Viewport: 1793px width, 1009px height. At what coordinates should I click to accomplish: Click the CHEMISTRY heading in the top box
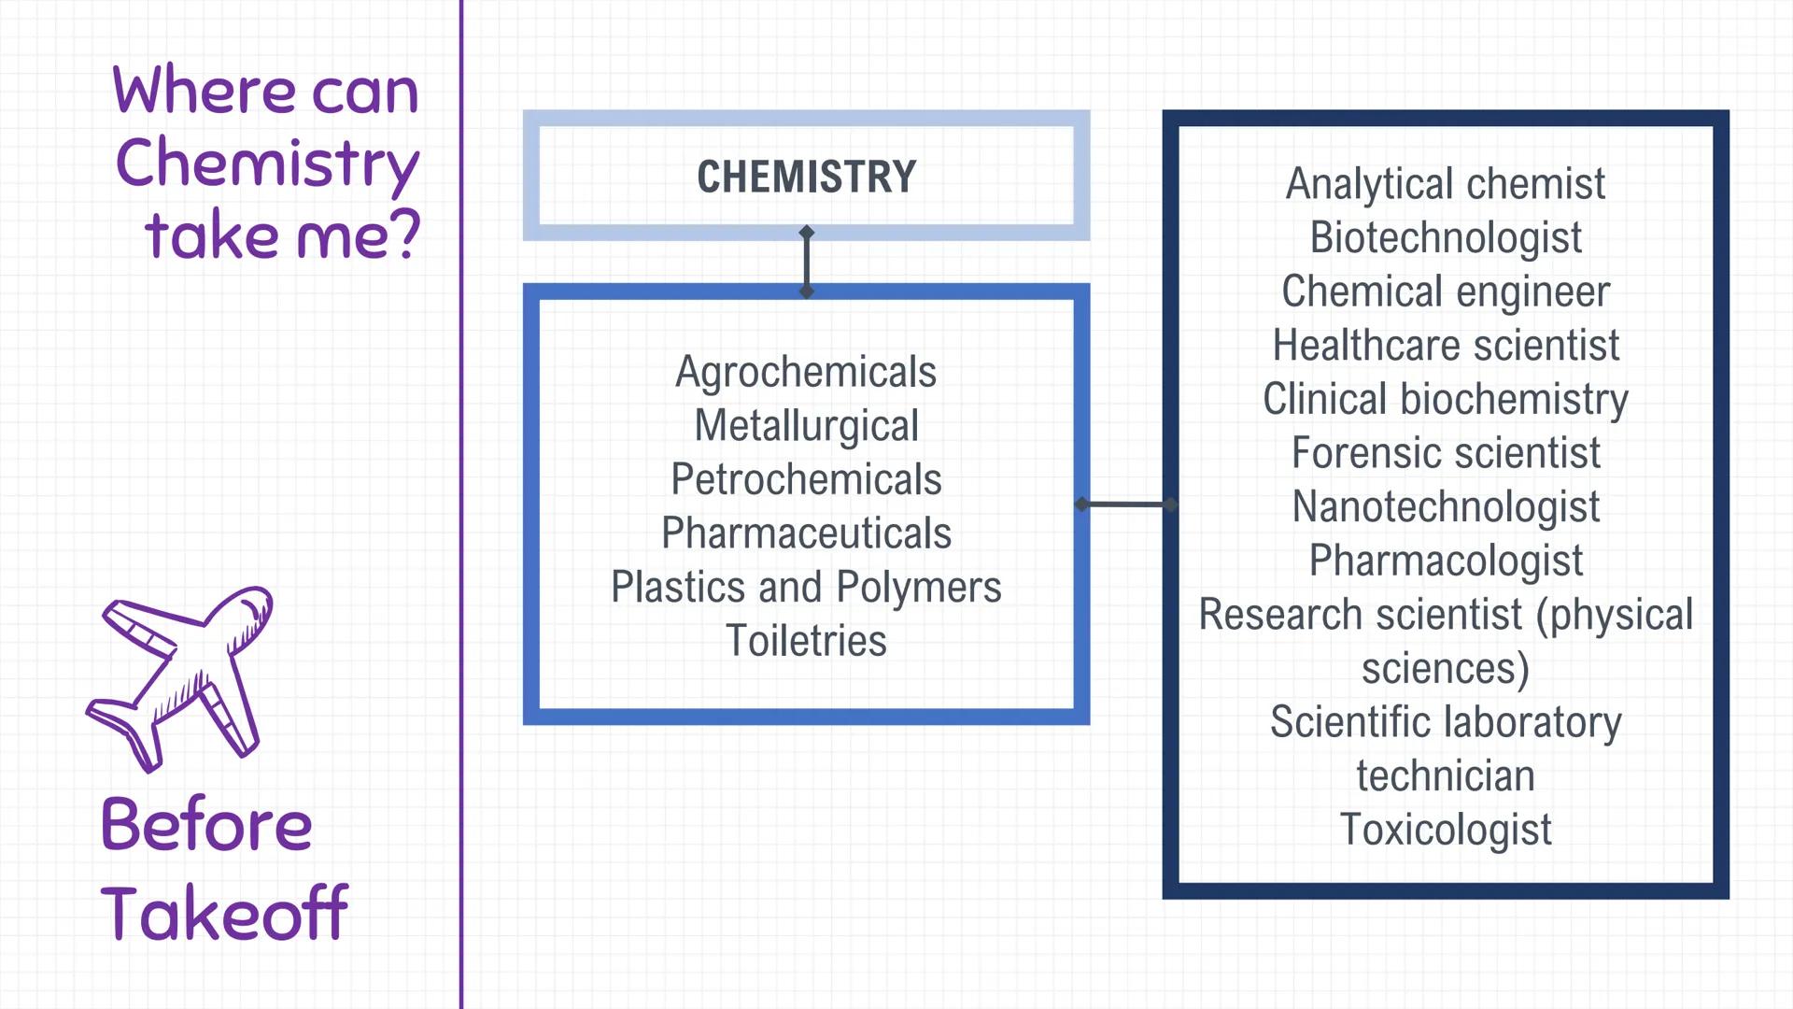[806, 177]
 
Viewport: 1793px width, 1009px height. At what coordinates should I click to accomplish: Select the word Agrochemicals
[806, 372]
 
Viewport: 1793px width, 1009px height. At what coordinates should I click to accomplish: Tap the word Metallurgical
[806, 426]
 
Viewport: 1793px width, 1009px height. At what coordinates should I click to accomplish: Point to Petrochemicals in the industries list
[806, 479]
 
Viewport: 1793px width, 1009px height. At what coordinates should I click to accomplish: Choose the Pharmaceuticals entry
[806, 533]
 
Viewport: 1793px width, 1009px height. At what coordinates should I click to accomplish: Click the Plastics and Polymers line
[806, 588]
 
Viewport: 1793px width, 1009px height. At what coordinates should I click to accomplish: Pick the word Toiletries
[806, 641]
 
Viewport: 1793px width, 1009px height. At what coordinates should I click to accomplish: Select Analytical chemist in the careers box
[1445, 184]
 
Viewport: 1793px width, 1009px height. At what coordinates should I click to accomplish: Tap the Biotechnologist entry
[1445, 237]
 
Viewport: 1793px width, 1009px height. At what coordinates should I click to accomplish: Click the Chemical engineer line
[1445, 291]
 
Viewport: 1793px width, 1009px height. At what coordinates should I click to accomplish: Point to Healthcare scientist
[1445, 346]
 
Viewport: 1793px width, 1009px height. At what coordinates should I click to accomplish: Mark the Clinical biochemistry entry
[1445, 399]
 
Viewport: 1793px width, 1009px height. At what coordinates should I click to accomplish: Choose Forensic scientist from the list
[1445, 453]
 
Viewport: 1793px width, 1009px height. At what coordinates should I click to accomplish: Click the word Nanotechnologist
[1445, 507]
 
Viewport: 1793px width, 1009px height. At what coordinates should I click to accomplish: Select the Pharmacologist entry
[1445, 561]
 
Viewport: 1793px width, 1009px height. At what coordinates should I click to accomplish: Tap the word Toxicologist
[1445, 830]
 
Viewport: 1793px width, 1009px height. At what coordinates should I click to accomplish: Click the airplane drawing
[182, 677]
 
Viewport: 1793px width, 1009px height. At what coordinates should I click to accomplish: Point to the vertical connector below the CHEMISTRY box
[807, 262]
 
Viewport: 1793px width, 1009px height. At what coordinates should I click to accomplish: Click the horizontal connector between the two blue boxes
[1125, 504]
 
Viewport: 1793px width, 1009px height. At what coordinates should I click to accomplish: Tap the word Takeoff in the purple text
[224, 913]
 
